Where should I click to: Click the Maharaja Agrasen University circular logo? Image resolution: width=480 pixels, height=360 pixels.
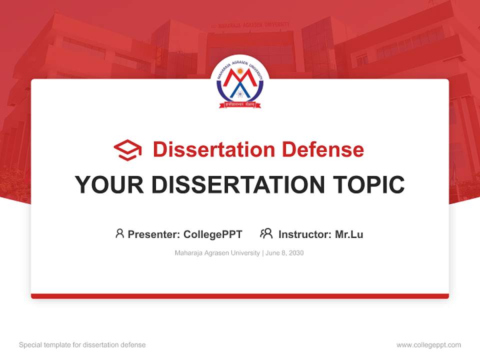239,83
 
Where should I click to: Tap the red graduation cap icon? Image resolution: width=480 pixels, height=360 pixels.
127,149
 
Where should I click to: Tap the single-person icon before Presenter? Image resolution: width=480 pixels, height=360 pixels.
119,233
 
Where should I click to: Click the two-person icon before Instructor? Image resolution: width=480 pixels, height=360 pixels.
266,233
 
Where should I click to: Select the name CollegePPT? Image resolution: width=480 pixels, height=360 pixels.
213,234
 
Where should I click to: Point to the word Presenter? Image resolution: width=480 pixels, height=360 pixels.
154,234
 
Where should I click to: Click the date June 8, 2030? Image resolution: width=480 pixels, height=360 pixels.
284,253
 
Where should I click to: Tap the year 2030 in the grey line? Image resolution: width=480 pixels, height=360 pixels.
295,253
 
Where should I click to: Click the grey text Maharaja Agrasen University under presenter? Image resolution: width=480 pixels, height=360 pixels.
217,253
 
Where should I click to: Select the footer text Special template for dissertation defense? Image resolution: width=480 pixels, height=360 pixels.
82,345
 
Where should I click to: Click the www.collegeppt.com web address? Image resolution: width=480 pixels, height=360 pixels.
428,345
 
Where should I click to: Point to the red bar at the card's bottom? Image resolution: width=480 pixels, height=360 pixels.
239,296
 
